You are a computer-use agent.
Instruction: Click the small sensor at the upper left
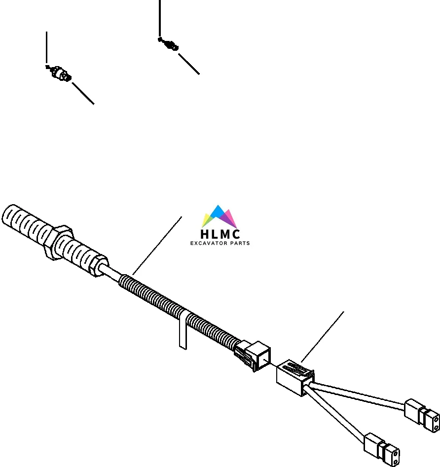click(60, 73)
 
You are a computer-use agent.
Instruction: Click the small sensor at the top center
click(170, 45)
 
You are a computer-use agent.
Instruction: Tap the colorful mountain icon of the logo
click(220, 217)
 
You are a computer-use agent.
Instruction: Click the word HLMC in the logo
click(220, 234)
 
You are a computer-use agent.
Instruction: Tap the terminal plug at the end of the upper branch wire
click(423, 414)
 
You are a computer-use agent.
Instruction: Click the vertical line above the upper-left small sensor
click(47, 48)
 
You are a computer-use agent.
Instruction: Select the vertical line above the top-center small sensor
click(160, 17)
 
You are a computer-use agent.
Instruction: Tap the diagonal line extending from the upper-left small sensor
click(83, 93)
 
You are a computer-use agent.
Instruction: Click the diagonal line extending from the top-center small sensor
click(188, 64)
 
